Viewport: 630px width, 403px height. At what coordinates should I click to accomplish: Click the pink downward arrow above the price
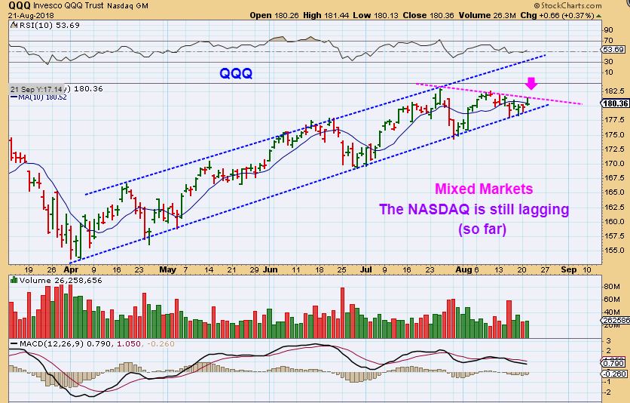tap(531, 82)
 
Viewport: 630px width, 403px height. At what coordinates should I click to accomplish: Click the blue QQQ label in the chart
tap(235, 74)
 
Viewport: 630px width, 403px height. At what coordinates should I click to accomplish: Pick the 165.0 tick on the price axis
tap(613, 192)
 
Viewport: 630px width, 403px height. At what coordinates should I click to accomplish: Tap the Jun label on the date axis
tap(270, 269)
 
